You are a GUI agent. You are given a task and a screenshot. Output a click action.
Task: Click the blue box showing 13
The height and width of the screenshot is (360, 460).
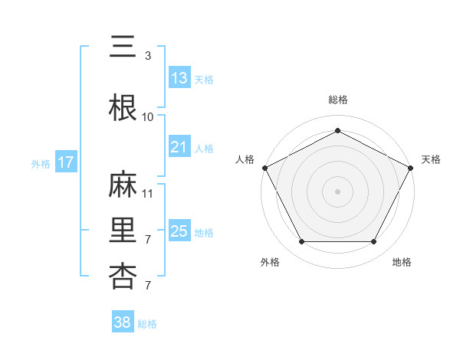pos(179,77)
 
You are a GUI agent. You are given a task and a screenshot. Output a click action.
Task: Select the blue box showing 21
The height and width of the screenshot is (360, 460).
pos(179,147)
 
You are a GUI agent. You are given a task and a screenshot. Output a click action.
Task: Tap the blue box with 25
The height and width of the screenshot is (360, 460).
pos(179,231)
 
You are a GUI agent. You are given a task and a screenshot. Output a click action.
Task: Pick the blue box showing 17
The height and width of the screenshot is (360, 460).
pos(65,162)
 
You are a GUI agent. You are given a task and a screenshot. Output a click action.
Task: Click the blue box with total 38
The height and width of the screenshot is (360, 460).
pos(123,322)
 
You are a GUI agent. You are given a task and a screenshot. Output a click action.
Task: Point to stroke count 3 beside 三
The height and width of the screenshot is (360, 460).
pos(148,56)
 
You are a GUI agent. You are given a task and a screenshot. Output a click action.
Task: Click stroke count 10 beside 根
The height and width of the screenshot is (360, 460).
pos(148,116)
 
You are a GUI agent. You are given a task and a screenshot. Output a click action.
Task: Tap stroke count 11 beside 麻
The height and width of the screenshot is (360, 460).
pos(148,194)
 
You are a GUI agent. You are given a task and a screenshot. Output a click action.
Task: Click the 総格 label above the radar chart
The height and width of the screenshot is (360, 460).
pos(338,100)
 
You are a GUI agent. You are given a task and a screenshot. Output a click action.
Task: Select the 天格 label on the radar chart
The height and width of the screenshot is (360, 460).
pos(431,159)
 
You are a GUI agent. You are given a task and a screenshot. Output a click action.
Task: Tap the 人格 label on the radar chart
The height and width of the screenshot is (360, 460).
pos(245,159)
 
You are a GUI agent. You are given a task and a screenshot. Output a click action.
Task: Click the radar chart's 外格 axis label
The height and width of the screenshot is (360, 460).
pos(270,262)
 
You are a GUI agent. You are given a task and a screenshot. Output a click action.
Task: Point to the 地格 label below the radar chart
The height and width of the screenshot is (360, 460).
pos(402,262)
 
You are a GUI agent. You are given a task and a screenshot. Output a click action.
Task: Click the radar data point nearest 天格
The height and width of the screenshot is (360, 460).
pos(412,167)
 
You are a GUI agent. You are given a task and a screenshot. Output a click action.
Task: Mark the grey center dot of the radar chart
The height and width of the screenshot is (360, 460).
pos(337,191)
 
